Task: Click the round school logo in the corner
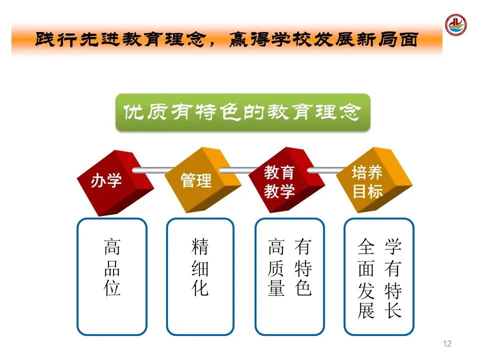pyautogui.click(x=456, y=24)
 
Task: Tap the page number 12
pyautogui.click(x=447, y=343)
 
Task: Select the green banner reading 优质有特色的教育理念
pyautogui.click(x=243, y=112)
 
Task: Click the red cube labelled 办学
pyautogui.click(x=115, y=183)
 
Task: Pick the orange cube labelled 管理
pyautogui.click(x=202, y=180)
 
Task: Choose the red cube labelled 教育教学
pyautogui.click(x=286, y=180)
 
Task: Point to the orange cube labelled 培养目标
pyautogui.click(x=374, y=180)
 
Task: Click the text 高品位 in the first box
pyautogui.click(x=112, y=267)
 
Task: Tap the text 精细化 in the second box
pyautogui.click(x=200, y=267)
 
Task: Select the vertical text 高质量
pyautogui.click(x=276, y=267)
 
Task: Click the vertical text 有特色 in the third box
pyautogui.click(x=303, y=267)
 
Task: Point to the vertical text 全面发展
pyautogui.click(x=366, y=278)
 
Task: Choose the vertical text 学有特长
pyautogui.click(x=393, y=278)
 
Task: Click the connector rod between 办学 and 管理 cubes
pyautogui.click(x=152, y=170)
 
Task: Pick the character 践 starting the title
pyautogui.click(x=45, y=40)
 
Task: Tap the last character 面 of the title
pyautogui.click(x=408, y=40)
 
